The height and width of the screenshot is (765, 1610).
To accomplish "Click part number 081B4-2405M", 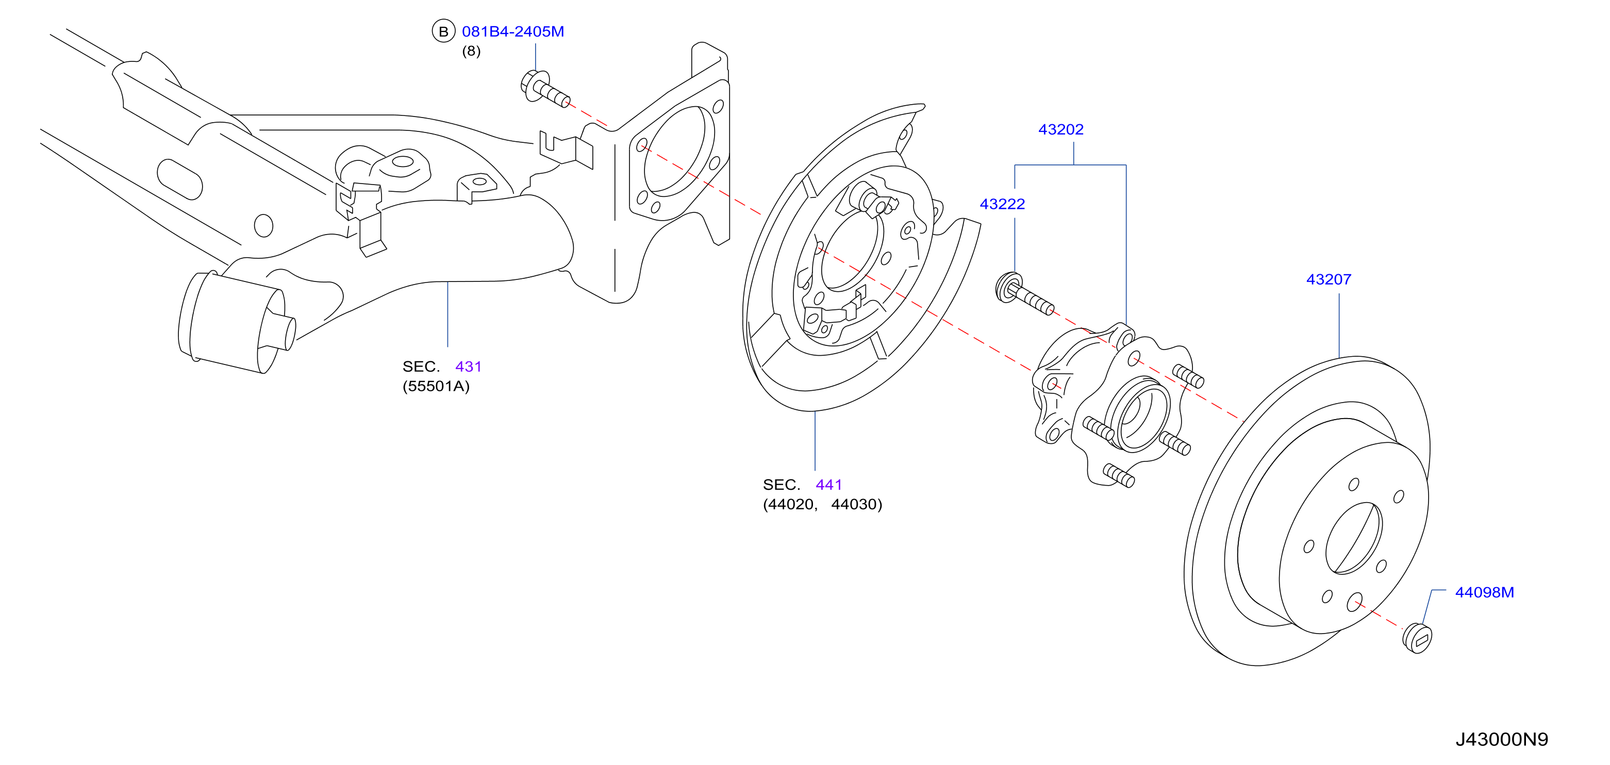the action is [512, 31].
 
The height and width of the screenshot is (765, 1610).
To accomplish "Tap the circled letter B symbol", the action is [443, 31].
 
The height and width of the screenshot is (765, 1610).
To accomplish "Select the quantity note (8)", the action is [471, 51].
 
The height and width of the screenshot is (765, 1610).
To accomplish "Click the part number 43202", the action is [1060, 129].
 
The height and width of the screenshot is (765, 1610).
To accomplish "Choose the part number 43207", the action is [1328, 279].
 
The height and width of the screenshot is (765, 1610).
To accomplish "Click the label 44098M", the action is [1484, 592].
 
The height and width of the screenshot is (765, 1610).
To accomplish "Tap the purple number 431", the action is [468, 366].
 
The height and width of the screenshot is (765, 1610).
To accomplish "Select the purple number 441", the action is [829, 485].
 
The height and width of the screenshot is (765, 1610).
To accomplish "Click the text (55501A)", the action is [436, 386].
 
